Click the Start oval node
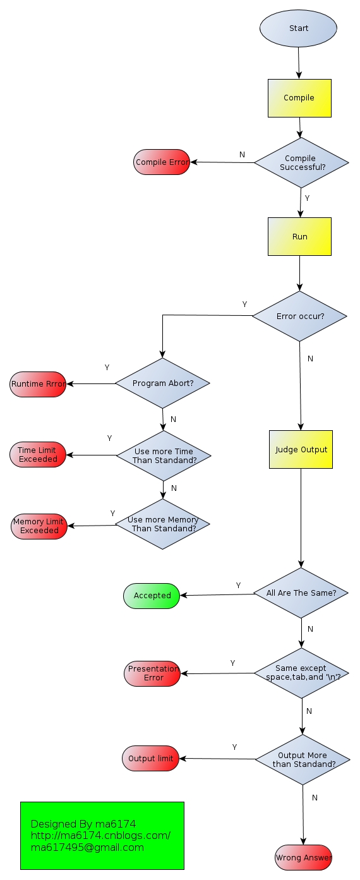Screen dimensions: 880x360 point(299,28)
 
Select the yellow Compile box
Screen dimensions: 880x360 point(299,98)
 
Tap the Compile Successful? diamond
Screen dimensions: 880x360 point(301,163)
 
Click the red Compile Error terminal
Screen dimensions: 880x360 point(162,162)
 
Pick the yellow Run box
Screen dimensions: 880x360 point(299,237)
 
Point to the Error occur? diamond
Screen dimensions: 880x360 point(300,316)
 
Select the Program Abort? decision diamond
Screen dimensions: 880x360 point(163,383)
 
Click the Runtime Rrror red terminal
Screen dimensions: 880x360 point(38,384)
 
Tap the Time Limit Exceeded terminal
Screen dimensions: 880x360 point(38,455)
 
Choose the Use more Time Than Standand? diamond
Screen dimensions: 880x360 point(164,455)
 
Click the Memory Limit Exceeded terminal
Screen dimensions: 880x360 point(39,526)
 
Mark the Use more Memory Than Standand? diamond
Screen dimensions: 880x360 point(162,524)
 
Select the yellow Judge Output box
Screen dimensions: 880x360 point(301,450)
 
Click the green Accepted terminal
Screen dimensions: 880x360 point(152,596)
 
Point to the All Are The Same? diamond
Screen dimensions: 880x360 point(301,593)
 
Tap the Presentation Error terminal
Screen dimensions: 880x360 point(152,673)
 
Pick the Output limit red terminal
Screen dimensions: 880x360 point(150,759)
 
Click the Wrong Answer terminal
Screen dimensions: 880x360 point(303,858)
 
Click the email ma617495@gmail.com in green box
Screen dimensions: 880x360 point(87,847)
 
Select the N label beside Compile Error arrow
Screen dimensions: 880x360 point(242,155)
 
